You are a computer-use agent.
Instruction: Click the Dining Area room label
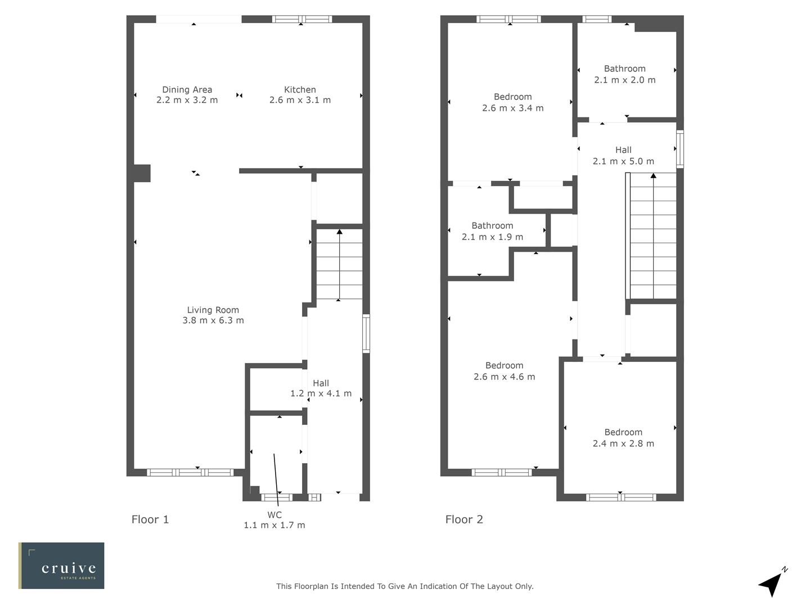coord(187,89)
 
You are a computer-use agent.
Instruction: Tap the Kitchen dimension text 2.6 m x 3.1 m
coord(300,101)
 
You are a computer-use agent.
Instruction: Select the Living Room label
coord(213,310)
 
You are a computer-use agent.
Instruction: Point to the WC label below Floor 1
coord(274,515)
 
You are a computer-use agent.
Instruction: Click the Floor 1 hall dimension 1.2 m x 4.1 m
coord(321,393)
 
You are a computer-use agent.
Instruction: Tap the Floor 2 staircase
coord(652,236)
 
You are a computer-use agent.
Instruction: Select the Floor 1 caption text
coord(150,519)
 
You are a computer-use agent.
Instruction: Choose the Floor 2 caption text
coord(464,519)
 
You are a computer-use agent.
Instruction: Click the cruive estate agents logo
coord(62,565)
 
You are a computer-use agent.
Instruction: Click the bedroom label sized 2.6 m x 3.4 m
coord(512,97)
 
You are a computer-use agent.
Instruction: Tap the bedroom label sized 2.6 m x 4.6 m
coord(504,365)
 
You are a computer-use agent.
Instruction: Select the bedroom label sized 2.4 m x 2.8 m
coord(623,432)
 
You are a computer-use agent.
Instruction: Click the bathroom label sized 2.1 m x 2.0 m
coord(624,69)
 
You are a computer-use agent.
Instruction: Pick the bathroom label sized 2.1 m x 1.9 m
coord(492,225)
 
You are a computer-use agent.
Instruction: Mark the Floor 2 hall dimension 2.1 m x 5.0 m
coord(623,161)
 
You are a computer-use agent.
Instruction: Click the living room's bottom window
coord(190,473)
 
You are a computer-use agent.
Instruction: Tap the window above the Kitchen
coord(302,19)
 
